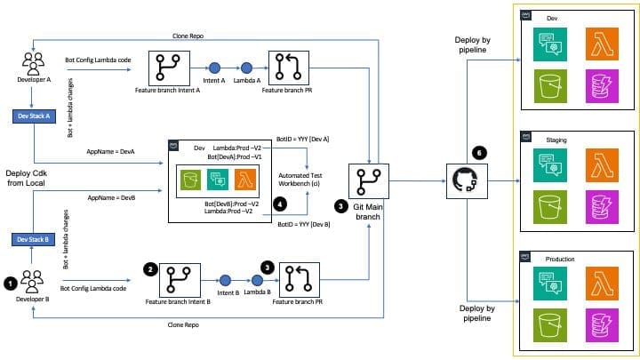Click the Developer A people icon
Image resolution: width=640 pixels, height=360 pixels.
pyautogui.click(x=34, y=64)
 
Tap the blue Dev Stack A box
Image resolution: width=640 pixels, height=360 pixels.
pyautogui.click(x=34, y=116)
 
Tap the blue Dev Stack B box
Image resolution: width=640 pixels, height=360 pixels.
pyautogui.click(x=34, y=239)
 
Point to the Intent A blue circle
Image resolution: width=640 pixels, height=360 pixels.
pyautogui.click(x=214, y=68)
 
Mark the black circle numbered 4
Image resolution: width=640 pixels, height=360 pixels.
pyautogui.click(x=280, y=203)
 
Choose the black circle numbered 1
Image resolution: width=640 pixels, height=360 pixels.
pyautogui.click(x=10, y=283)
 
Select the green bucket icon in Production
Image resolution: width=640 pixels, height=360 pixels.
pyautogui.click(x=548, y=325)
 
